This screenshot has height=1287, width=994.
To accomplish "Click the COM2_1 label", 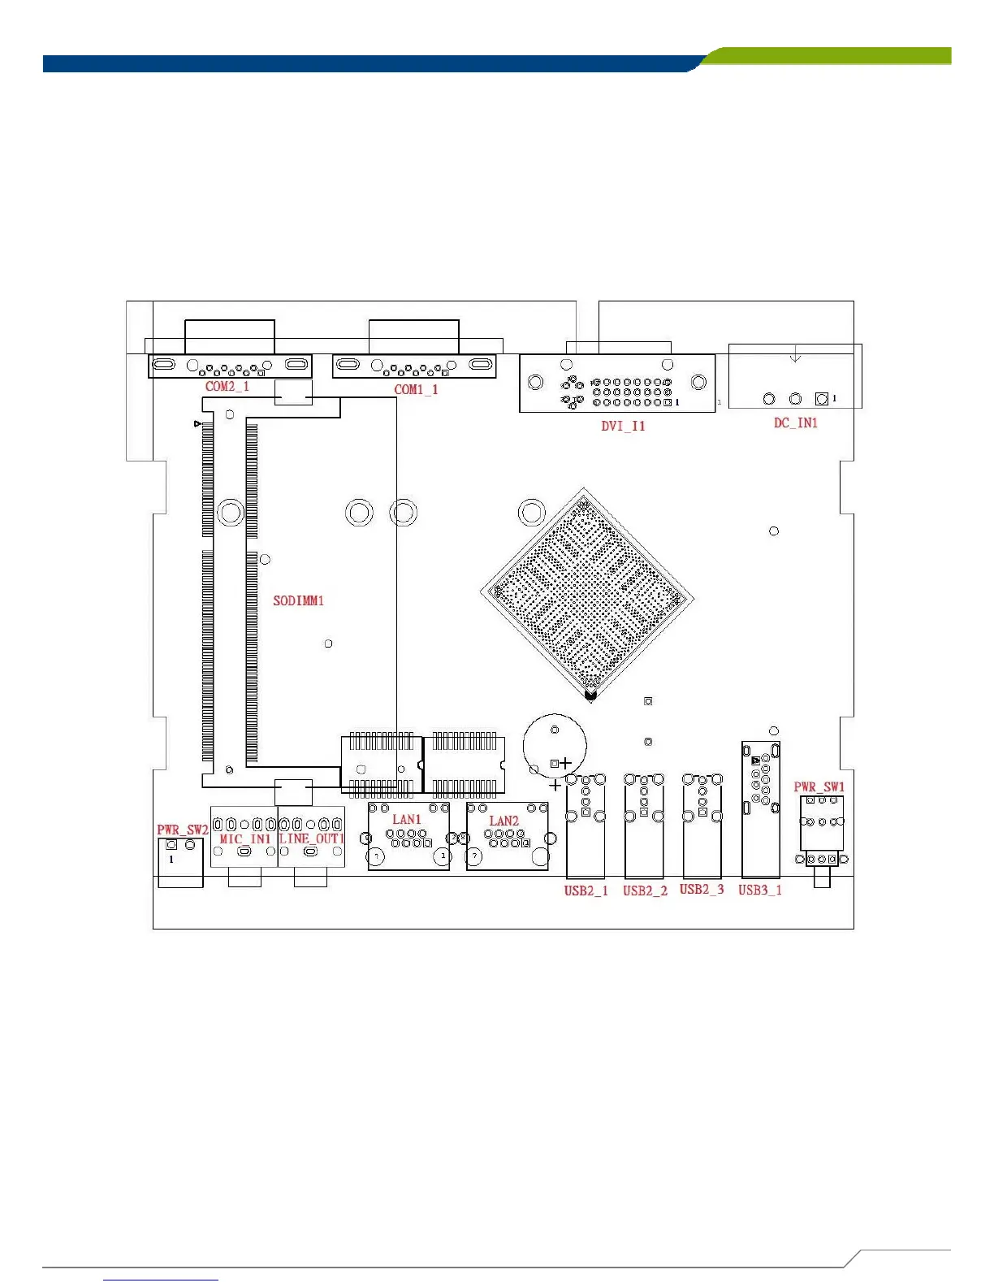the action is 227,387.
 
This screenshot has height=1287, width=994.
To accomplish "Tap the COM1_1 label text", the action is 416,390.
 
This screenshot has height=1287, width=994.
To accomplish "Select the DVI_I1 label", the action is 623,426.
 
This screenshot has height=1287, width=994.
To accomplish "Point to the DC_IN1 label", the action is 795,423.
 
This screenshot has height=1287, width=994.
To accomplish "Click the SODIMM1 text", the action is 298,601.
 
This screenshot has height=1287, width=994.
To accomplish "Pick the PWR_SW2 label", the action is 182,830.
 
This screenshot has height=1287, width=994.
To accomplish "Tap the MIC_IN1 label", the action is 244,839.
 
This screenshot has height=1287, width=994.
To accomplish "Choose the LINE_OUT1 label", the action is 312,838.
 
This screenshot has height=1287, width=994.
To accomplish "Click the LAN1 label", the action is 407,820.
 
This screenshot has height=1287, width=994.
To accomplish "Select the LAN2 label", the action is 503,821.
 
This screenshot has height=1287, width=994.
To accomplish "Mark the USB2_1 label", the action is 586,891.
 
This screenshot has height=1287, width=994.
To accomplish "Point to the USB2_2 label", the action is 645,891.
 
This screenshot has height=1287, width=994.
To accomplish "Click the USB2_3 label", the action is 702,890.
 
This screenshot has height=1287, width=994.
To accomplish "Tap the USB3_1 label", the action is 760,890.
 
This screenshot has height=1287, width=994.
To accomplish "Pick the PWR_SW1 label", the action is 819,787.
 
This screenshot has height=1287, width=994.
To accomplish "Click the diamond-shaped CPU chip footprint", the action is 587,596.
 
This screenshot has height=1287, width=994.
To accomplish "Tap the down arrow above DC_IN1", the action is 795,354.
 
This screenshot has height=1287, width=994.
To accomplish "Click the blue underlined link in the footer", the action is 161,1280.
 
